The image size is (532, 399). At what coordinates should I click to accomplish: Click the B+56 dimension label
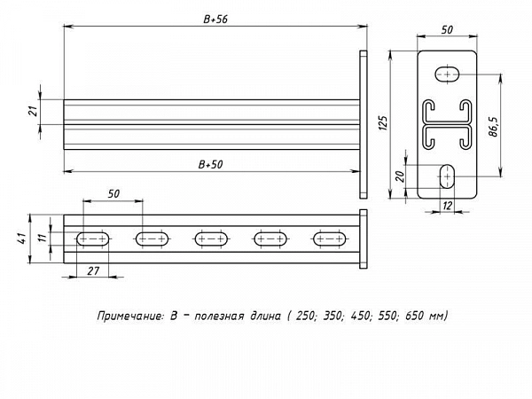(x=215, y=20)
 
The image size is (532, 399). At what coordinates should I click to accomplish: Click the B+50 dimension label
(x=210, y=165)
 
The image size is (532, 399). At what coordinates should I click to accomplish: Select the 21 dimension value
(x=34, y=111)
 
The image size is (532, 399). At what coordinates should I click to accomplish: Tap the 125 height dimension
(x=382, y=123)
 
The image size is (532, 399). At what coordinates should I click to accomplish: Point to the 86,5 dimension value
(x=494, y=127)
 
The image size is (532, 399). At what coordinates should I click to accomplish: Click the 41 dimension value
(x=21, y=239)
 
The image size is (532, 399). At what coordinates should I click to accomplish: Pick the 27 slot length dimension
(x=93, y=271)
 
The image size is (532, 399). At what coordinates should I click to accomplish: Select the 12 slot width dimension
(x=448, y=206)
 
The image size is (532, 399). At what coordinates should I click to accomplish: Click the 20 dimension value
(x=401, y=176)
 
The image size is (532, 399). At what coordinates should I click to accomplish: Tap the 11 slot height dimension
(x=42, y=238)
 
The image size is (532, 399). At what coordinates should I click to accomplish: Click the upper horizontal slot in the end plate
(x=448, y=74)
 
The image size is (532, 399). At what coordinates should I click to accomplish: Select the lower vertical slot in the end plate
(x=448, y=176)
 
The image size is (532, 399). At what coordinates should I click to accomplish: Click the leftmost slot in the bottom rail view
(x=93, y=239)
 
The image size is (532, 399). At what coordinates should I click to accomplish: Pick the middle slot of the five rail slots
(x=211, y=239)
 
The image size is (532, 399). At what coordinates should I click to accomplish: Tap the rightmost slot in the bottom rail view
(x=330, y=239)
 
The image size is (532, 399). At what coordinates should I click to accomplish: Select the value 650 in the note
(x=413, y=316)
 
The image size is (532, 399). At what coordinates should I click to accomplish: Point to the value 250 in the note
(x=305, y=316)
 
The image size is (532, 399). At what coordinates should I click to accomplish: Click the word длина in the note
(x=266, y=317)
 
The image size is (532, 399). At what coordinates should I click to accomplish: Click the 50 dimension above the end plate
(x=447, y=30)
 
